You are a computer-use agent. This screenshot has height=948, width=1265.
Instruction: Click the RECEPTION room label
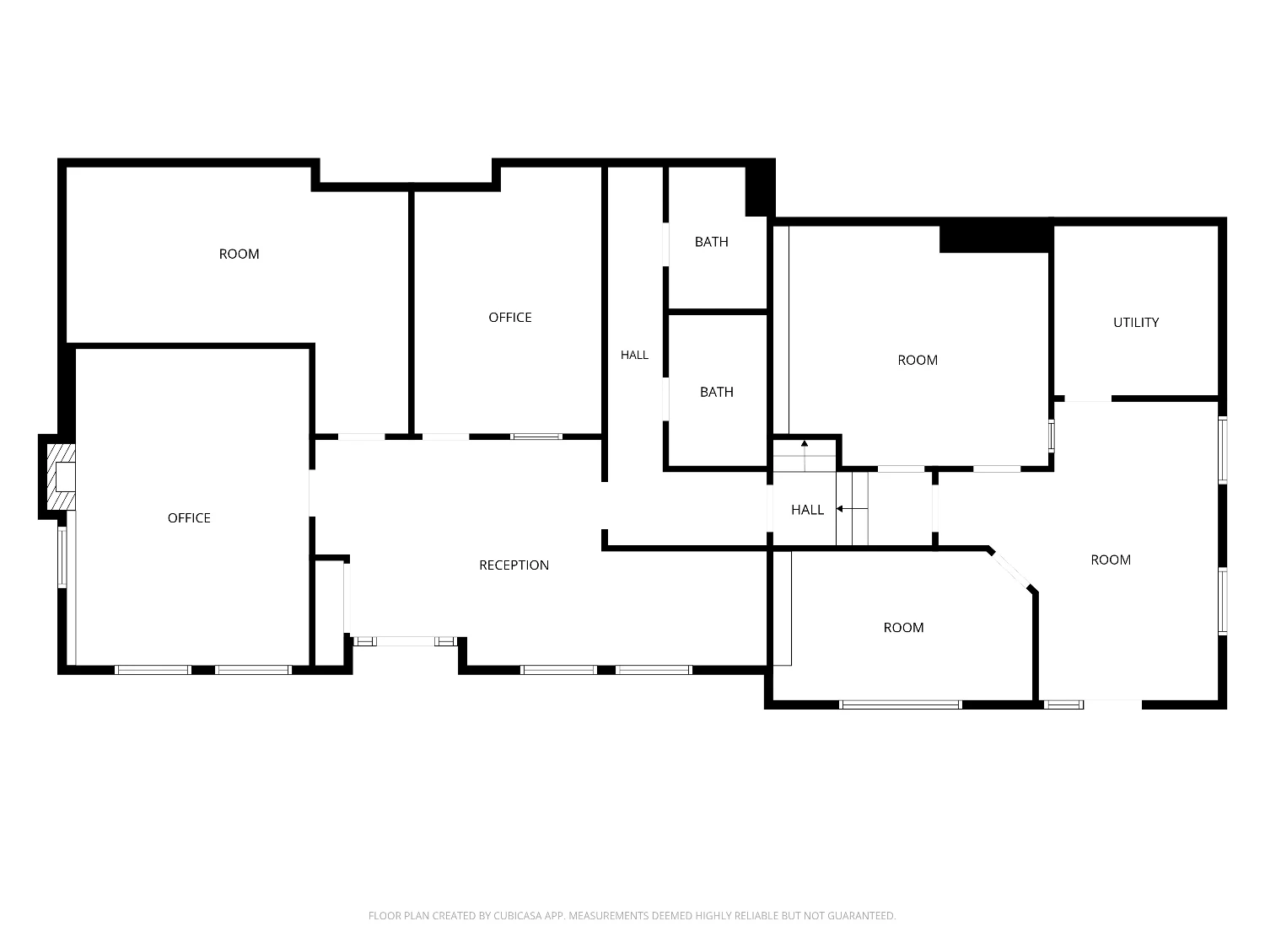coord(514,565)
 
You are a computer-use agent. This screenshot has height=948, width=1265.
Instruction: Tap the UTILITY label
coord(1135,323)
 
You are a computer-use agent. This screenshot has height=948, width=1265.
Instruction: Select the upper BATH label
coord(711,242)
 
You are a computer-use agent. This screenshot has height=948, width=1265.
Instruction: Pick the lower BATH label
coord(716,392)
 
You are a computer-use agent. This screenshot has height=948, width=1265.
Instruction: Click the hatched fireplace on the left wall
coord(61,477)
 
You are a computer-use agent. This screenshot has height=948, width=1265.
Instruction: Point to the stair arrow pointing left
coord(852,509)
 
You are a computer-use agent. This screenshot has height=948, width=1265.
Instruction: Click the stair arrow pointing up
coord(805,455)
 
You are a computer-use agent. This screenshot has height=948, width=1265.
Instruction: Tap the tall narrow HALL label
coord(634,355)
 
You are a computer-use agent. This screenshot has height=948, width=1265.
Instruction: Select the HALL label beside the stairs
coord(807,510)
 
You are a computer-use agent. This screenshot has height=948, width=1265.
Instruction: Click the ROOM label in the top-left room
coord(239,254)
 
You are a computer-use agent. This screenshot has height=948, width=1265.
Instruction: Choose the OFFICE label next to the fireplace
coord(188,518)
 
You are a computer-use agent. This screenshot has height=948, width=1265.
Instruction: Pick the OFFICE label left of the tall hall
coord(509,317)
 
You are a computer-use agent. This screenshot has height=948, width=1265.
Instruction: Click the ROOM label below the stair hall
coord(903,628)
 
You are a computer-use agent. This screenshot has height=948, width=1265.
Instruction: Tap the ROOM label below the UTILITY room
coord(1110,560)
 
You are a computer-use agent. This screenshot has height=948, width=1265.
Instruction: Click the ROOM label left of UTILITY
coord(917,360)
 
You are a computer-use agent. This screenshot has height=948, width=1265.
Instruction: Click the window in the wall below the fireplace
coord(62,557)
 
